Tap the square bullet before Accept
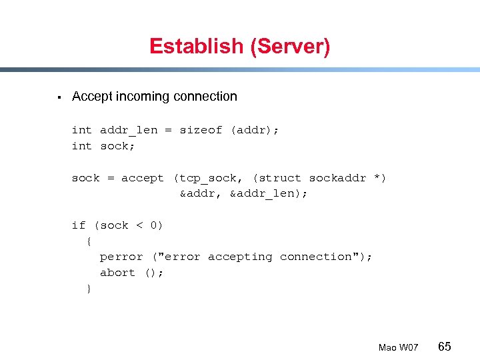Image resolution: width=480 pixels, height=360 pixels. point(59,97)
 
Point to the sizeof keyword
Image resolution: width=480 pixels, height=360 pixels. point(201,130)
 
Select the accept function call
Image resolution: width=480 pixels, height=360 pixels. point(143,178)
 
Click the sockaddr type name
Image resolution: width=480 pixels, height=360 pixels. point(337,178)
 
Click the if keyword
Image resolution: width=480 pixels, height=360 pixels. point(79,225)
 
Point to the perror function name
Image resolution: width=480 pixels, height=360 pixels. point(121,257)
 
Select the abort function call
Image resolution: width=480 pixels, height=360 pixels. point(117,273)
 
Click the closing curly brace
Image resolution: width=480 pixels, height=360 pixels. point(89,289)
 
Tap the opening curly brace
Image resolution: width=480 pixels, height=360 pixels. point(89,241)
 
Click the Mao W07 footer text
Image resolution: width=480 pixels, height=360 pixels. point(398,348)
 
